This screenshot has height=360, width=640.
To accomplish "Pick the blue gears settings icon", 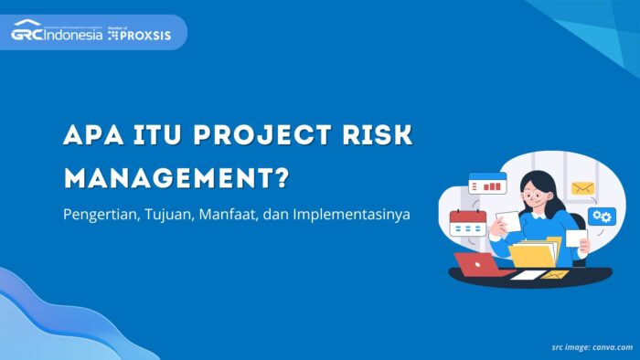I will coord(602,217).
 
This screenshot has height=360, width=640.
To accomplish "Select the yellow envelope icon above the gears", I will coord(583,188).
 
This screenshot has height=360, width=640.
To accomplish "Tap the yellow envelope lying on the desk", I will coord(554,274).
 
